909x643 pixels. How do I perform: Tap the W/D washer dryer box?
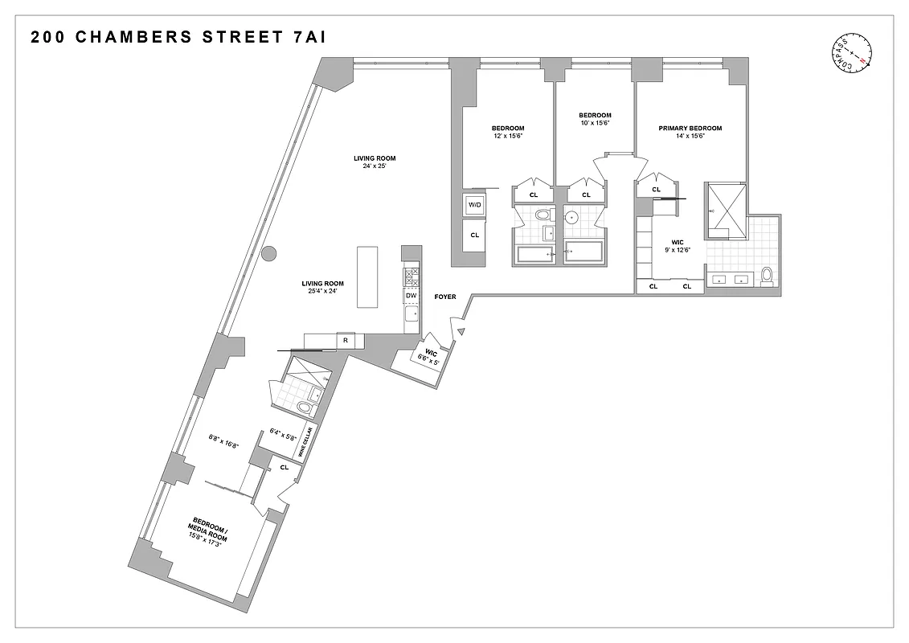474,205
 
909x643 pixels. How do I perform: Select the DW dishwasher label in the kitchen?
411,296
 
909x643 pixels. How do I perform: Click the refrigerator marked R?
346,341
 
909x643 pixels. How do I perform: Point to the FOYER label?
445,297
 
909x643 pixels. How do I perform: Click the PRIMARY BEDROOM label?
690,129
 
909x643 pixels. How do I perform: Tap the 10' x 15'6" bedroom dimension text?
595,123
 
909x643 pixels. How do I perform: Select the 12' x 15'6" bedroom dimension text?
508,136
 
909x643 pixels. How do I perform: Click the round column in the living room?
269,253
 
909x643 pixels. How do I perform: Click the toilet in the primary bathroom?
767,276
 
